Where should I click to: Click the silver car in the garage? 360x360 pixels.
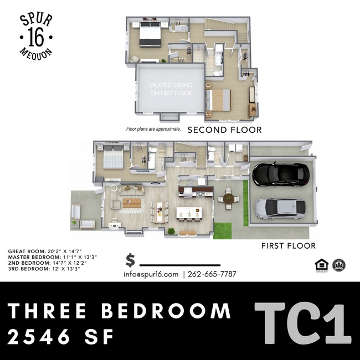(x=280, y=208)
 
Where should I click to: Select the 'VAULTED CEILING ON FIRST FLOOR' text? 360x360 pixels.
(x=171, y=89)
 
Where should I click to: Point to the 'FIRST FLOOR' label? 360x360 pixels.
(x=289, y=245)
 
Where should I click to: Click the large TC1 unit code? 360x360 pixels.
(x=302, y=325)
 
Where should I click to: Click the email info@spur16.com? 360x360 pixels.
(x=151, y=274)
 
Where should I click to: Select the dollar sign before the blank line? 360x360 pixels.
(x=130, y=260)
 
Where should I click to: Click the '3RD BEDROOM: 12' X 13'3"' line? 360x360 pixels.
(x=44, y=269)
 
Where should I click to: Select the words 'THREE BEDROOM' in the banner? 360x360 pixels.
(x=120, y=310)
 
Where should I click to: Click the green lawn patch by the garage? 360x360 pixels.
(x=223, y=230)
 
